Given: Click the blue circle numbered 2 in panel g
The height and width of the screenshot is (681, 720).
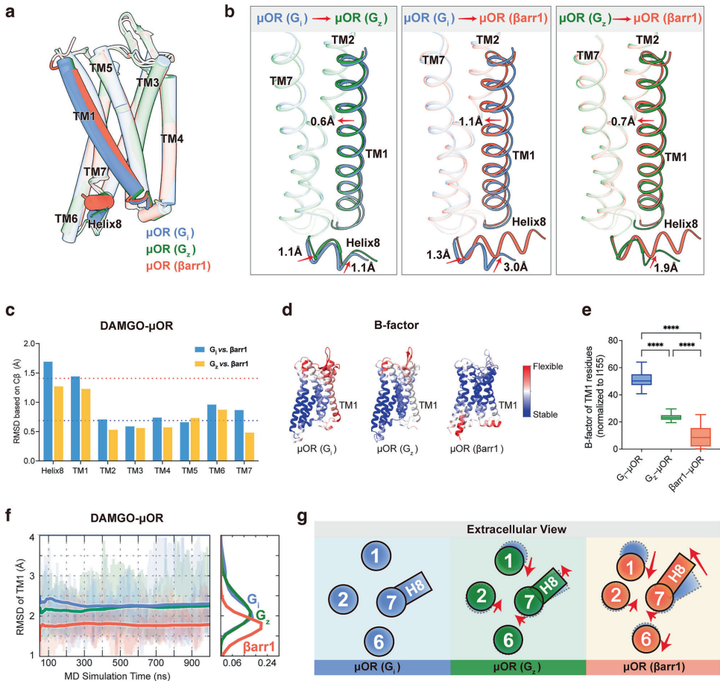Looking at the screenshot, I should coord(343,597).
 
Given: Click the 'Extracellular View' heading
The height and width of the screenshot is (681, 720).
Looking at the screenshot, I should coord(518,529).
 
